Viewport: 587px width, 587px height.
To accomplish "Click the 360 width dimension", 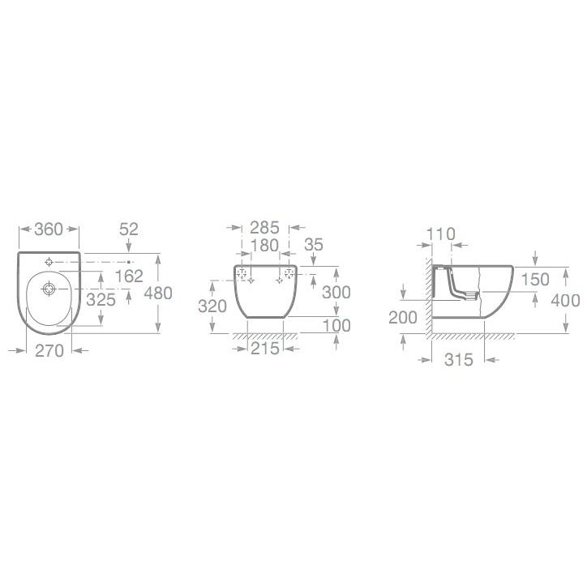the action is pos(49,229).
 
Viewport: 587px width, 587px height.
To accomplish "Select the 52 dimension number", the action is pos(129,229).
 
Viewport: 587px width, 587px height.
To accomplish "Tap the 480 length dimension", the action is pos(158,293).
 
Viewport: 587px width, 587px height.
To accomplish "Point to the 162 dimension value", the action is pos(129,276).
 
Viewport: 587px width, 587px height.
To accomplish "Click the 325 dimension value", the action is pos(101,299).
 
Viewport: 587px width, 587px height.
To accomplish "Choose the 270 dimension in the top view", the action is pos(49,351).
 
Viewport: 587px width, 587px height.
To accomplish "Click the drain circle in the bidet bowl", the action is pos(49,289).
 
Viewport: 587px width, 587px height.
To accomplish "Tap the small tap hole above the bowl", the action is pos(49,262).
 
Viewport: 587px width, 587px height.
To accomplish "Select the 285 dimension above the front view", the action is pos(264,228).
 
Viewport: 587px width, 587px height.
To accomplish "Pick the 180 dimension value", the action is pos(264,246).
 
